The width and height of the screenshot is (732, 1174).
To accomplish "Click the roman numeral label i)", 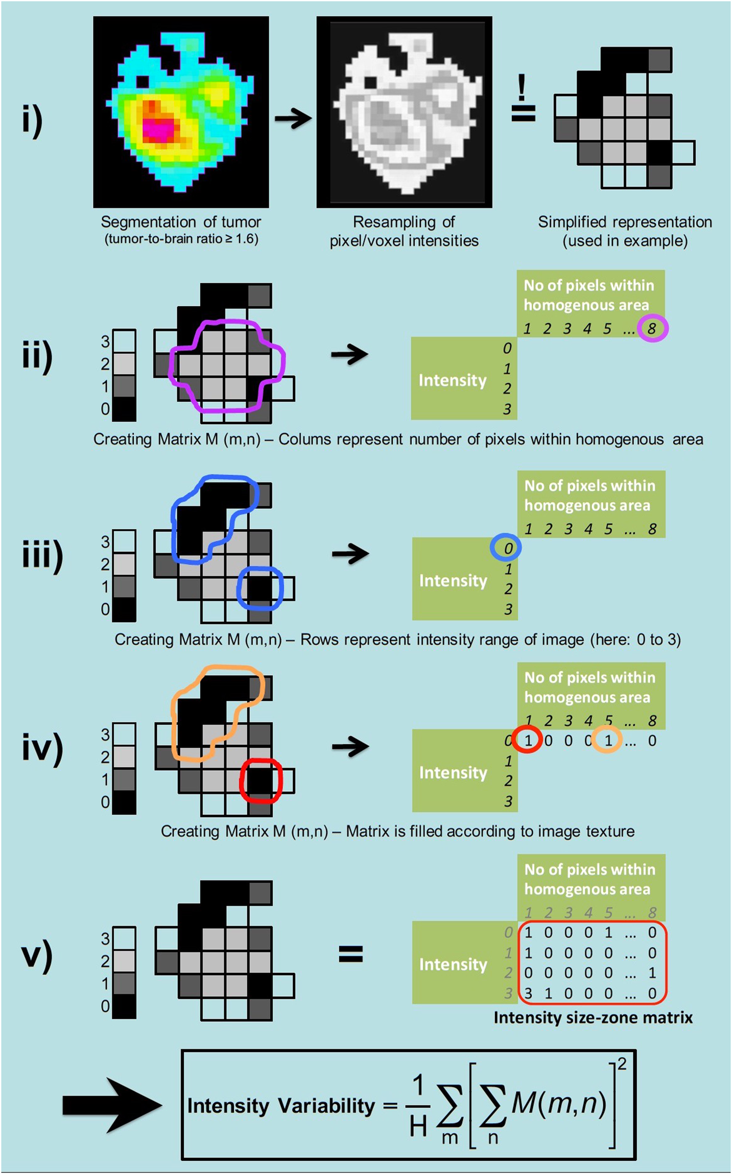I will (x=32, y=120).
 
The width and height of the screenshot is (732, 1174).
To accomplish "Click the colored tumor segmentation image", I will (x=181, y=112).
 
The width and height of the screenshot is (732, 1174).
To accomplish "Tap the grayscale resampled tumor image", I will (x=404, y=112).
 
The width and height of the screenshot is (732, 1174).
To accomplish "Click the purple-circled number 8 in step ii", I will (x=652, y=328).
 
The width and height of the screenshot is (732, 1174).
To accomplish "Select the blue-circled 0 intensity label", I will (x=507, y=548).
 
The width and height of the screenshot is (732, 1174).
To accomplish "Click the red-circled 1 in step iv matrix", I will (x=528, y=740).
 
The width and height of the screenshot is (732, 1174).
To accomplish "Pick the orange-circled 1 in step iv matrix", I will (x=607, y=740).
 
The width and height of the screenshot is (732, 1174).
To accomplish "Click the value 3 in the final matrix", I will (x=528, y=993).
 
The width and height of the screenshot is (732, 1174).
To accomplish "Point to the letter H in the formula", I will (x=418, y=1126).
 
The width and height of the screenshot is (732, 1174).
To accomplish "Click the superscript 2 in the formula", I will (x=622, y=1064).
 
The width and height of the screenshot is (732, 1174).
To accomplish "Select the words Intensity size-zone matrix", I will (x=593, y=1018).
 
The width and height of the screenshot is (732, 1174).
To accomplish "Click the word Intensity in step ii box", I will (x=452, y=380).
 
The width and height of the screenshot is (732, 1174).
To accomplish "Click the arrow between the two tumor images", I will (x=293, y=119).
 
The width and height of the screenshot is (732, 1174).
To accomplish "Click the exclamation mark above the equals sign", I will (x=522, y=87).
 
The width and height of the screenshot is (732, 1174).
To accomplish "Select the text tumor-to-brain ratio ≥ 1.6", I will (x=181, y=239).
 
